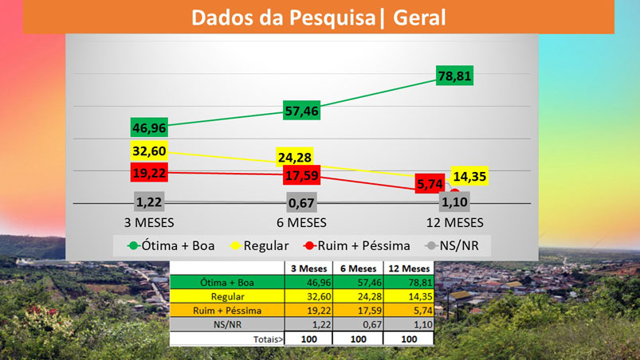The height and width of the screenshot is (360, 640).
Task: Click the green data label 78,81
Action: pyautogui.click(x=456, y=77)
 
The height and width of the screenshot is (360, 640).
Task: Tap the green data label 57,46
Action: pyautogui.click(x=301, y=112)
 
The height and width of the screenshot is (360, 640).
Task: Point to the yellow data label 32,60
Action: pyautogui.click(x=149, y=150)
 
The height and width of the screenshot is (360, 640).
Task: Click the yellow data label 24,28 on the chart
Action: pyautogui.click(x=296, y=156)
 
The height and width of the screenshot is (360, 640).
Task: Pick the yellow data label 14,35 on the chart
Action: pyautogui.click(x=469, y=176)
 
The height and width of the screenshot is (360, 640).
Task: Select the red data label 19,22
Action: pyautogui.click(x=149, y=172)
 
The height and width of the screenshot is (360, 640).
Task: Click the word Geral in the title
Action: pyautogui.click(x=418, y=17)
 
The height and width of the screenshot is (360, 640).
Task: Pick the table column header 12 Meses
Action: pyautogui.click(x=406, y=268)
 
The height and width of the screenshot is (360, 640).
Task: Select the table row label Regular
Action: pyautogui.click(x=228, y=295)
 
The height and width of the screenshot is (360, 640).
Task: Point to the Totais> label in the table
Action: pyautogui.click(x=266, y=338)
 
